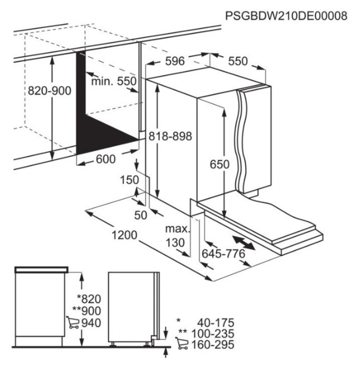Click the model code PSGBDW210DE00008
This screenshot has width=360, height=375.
[286, 16]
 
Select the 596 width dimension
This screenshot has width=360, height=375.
[175, 61]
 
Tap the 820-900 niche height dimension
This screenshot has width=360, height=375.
[50, 91]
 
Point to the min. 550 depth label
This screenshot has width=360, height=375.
[114, 81]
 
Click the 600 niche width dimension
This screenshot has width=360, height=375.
[105, 159]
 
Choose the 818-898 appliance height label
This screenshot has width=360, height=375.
[170, 136]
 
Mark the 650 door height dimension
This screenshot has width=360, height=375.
[219, 164]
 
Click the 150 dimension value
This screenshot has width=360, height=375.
[129, 180]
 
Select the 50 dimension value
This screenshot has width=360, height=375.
[141, 215]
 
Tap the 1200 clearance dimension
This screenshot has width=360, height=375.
[124, 235]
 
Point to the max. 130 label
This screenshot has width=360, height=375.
[177, 236]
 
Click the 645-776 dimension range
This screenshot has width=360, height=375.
[223, 254]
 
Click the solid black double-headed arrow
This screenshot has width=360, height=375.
[244, 243]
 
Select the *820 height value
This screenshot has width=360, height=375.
[89, 299]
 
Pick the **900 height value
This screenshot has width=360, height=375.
[87, 311]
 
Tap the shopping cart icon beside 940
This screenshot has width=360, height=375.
[73, 322]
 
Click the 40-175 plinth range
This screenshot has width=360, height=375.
[215, 323]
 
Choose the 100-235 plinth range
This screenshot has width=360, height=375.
[213, 334]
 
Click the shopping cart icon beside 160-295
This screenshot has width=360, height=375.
[181, 344]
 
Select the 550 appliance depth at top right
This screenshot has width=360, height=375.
[238, 61]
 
